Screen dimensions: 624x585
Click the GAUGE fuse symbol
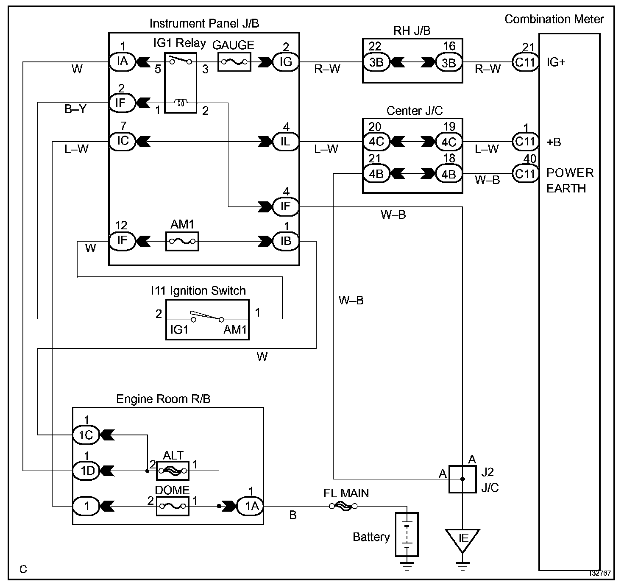point(234,62)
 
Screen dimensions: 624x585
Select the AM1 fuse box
point(182,242)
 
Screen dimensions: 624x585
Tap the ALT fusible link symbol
point(173,471)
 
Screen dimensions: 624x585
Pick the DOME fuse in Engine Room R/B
point(173,506)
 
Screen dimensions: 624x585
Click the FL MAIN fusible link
point(343,506)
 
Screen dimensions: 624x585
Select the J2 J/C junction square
point(462,479)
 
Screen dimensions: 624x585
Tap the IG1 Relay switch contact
point(181,60)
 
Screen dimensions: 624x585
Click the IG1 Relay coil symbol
point(181,102)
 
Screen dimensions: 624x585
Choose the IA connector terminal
point(122,61)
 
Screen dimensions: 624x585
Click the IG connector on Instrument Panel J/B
point(286,62)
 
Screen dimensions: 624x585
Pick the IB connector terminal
point(286,241)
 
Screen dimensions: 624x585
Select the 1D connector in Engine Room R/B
point(86,471)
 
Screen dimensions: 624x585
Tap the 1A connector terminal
point(251,506)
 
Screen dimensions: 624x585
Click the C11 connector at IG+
point(525,62)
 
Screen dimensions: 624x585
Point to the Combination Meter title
point(554,19)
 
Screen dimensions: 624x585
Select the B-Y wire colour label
point(75,109)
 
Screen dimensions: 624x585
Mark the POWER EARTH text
point(570,181)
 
